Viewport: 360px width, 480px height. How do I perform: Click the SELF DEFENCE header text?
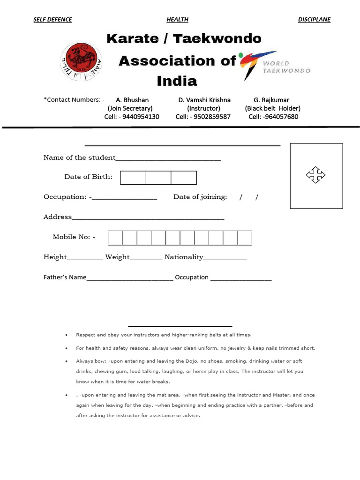[x=52, y=20]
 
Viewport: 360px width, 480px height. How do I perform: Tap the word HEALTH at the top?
[x=177, y=20]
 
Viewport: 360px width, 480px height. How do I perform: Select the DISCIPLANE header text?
[x=314, y=20]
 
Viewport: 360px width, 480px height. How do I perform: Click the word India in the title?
[x=177, y=81]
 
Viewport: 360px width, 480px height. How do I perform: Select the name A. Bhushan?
[x=132, y=100]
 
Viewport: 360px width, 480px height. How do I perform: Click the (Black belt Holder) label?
[x=273, y=108]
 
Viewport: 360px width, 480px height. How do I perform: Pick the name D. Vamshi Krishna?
[x=204, y=100]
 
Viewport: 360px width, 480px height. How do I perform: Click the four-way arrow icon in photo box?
[x=315, y=175]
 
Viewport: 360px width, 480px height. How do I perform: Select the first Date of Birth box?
[x=133, y=178]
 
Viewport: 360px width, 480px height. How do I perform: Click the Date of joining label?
[x=200, y=197]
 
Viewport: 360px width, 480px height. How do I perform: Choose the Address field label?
[x=58, y=217]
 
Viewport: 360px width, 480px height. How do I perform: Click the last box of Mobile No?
[x=245, y=238]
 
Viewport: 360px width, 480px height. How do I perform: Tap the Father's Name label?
[x=65, y=277]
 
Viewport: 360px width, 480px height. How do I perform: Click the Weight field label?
[x=117, y=257]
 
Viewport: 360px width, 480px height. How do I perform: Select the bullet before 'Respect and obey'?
[x=67, y=335]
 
